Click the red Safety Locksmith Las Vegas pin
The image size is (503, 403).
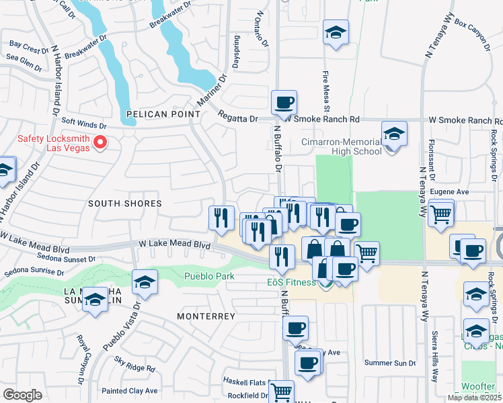click(101, 142)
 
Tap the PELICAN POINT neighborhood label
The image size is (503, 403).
click(155, 114)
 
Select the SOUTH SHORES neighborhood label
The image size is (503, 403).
click(126, 203)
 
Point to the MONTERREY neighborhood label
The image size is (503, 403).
click(206, 316)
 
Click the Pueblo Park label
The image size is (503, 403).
click(210, 276)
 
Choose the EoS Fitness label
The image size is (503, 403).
click(290, 282)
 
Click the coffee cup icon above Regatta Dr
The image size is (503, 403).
click(284, 103)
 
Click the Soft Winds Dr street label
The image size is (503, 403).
click(84, 125)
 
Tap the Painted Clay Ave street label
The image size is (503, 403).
click(129, 390)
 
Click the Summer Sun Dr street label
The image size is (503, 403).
click(390, 363)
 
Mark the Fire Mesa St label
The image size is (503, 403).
click(326, 91)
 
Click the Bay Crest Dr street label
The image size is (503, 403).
click(25, 46)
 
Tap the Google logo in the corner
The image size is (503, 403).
click(22, 394)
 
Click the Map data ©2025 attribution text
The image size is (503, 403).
click(473, 398)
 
